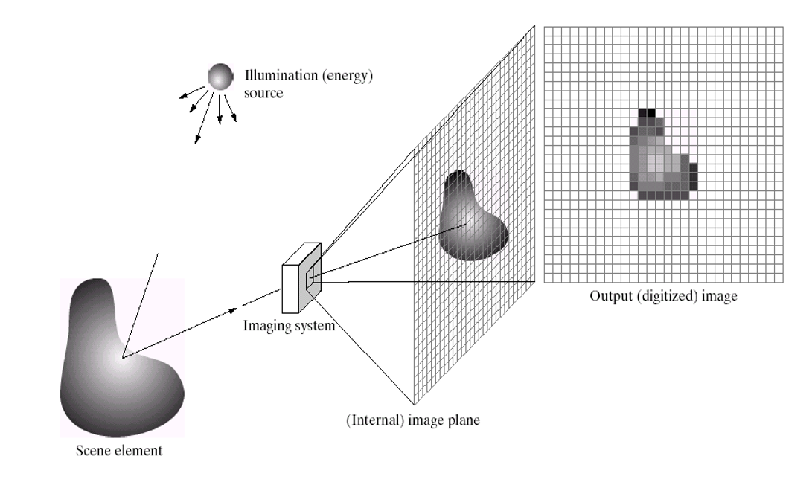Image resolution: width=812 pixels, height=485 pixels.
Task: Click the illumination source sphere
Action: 220,75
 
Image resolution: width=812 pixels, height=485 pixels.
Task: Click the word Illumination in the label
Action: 275,75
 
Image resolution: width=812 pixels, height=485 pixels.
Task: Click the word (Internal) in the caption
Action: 369,420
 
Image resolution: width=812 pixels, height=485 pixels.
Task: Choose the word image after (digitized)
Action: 720,296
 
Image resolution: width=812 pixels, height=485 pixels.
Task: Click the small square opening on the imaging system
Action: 313,279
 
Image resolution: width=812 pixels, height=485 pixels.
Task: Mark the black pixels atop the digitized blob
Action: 648,112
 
